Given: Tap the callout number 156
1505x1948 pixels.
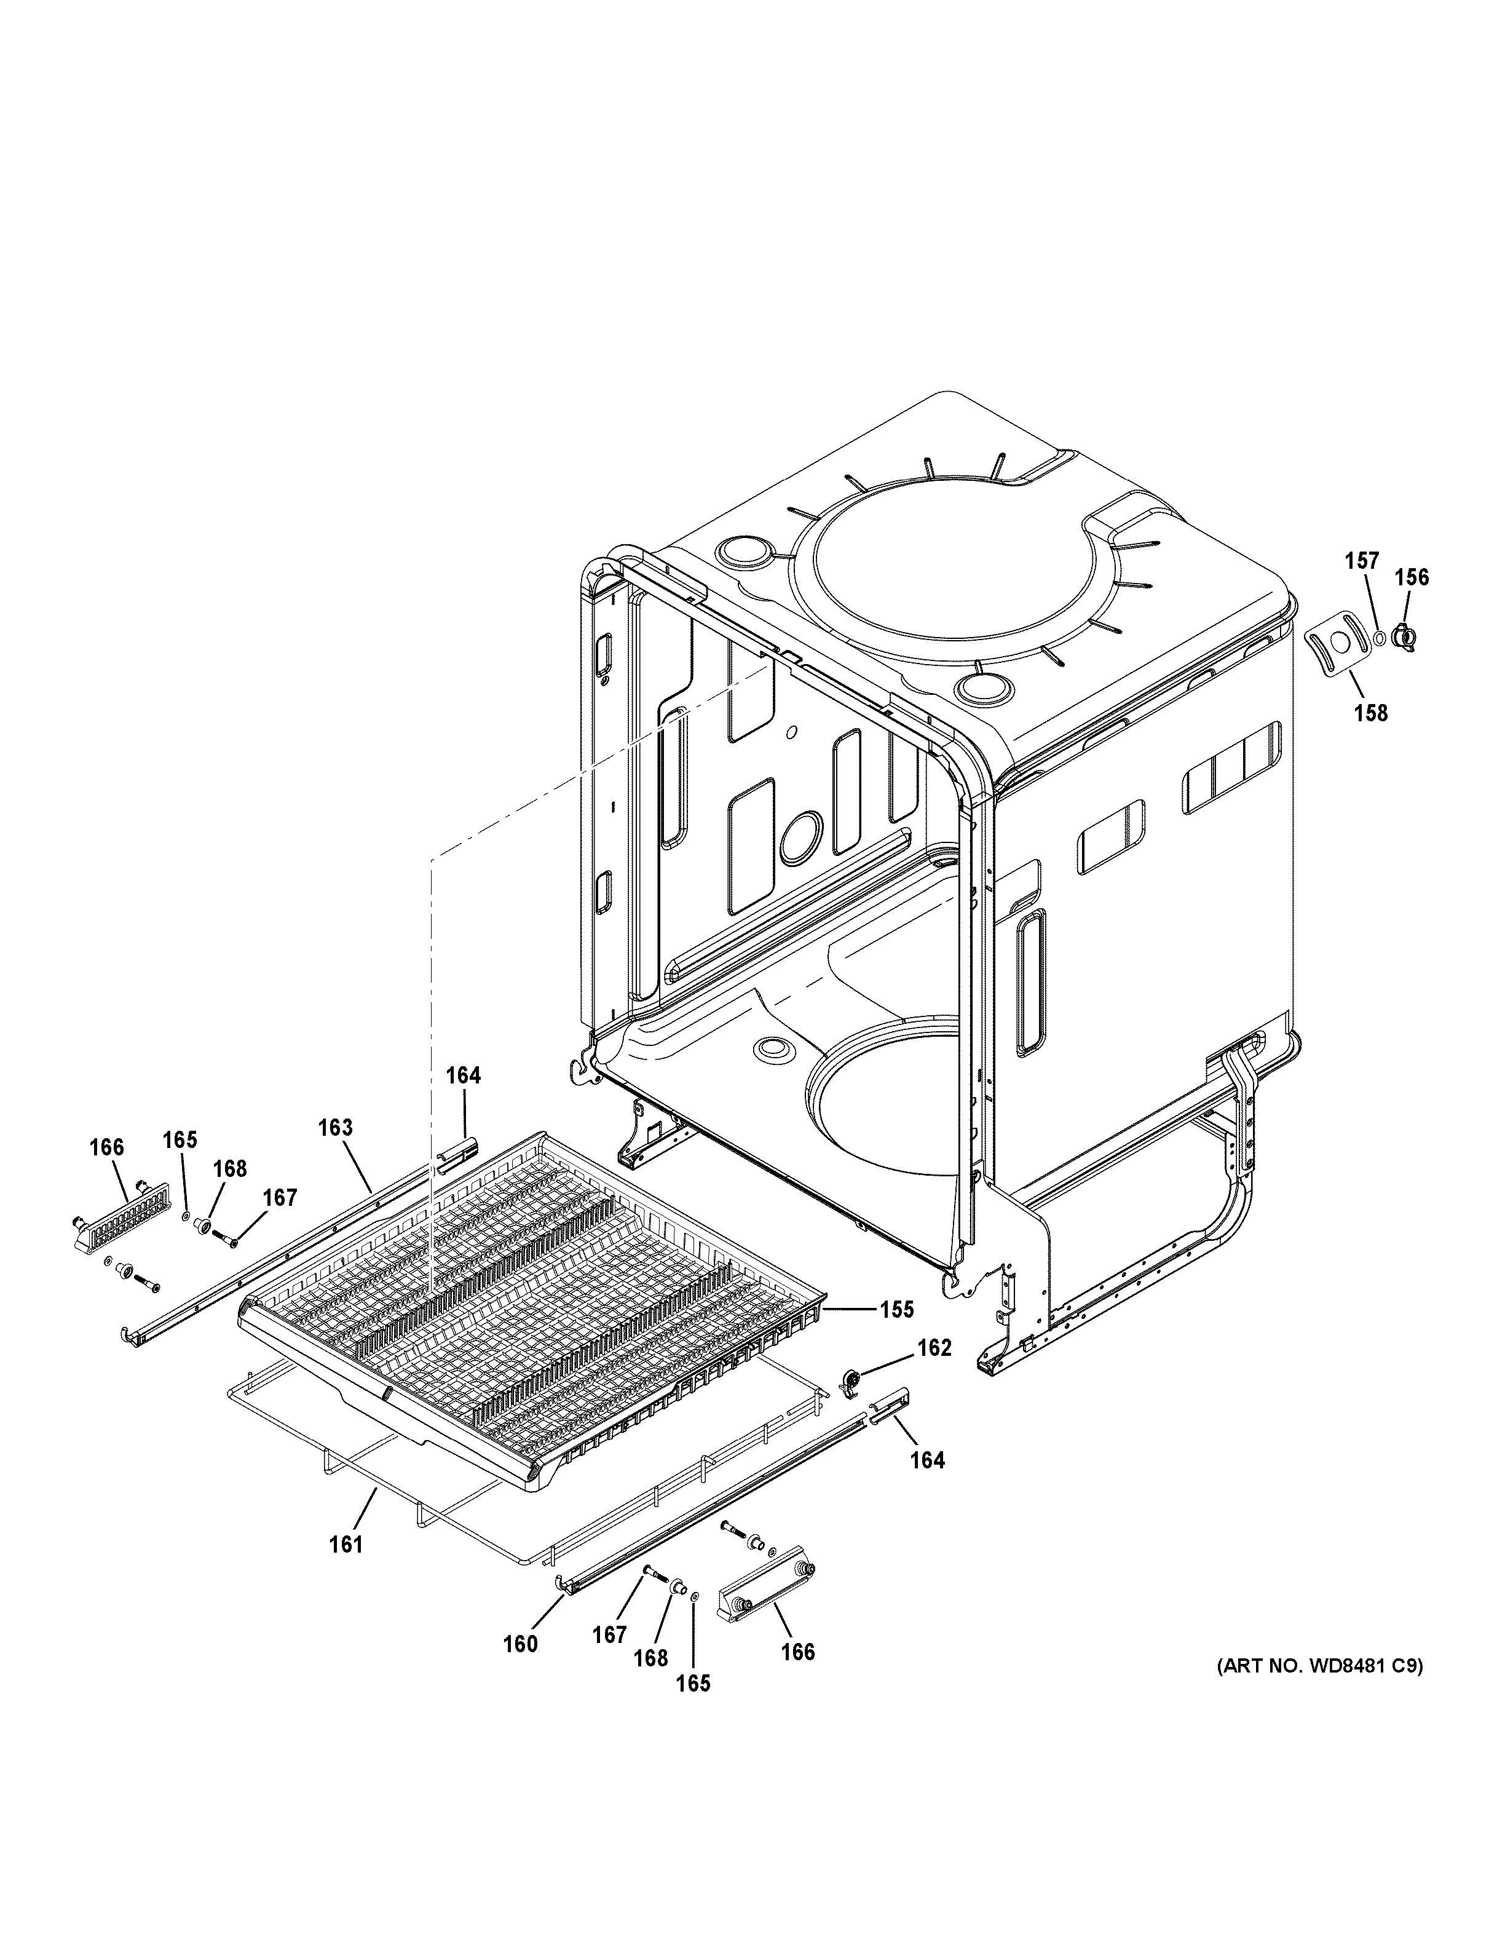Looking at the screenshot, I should (1412, 577).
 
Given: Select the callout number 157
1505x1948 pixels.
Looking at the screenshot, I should (1362, 561).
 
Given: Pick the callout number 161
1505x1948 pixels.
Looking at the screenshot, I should (346, 1544).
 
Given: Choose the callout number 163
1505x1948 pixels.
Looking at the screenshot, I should (335, 1127).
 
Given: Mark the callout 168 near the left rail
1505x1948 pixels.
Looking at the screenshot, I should (230, 1168).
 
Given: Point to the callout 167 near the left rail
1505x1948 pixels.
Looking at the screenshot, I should (280, 1197).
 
